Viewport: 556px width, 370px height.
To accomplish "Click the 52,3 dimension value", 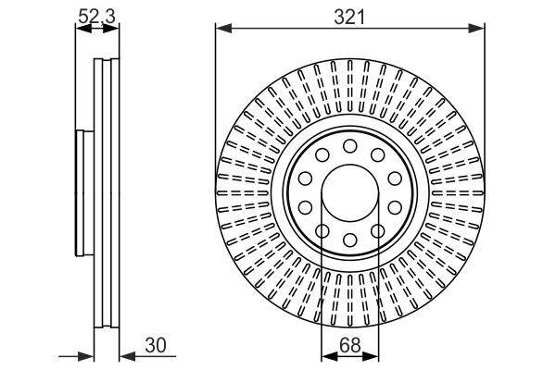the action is point(96,17).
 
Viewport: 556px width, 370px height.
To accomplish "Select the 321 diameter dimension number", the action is point(349,17).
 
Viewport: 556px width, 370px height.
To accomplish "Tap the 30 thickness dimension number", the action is point(156,345).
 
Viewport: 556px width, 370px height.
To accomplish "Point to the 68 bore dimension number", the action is point(349,345).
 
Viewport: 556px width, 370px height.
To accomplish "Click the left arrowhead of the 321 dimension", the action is point(223,29).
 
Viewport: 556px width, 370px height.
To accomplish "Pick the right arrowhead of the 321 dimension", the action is point(476,29).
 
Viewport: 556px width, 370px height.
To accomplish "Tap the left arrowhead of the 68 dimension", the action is point(329,357).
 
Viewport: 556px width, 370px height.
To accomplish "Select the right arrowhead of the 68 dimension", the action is point(371,357).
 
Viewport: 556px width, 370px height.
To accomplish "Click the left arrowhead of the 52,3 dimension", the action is point(83,29).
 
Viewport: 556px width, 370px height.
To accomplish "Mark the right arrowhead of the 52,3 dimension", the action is point(111,29).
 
